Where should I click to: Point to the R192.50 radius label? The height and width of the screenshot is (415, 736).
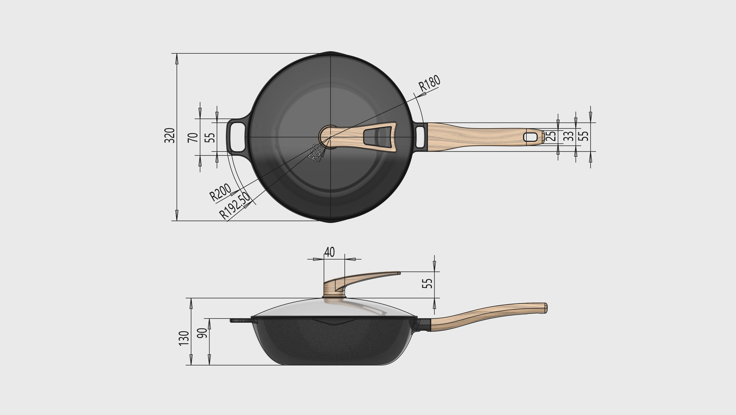click(x=235, y=205)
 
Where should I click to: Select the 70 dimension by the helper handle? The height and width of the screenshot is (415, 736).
click(x=193, y=137)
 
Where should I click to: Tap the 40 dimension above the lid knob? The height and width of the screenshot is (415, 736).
click(x=329, y=252)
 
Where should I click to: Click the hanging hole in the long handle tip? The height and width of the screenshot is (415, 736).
click(x=530, y=137)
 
